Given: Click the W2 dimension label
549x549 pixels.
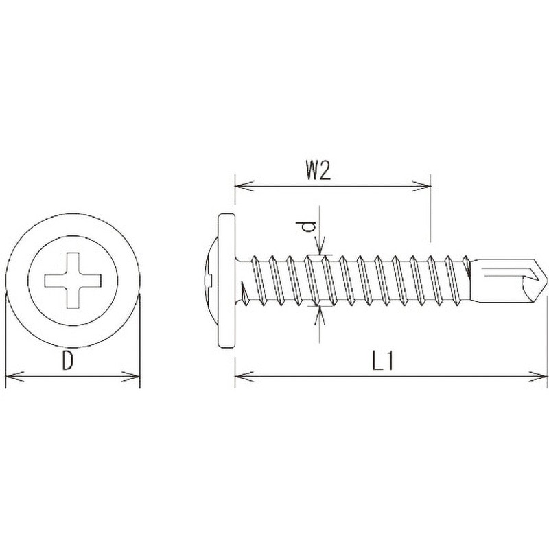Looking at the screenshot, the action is [318, 171].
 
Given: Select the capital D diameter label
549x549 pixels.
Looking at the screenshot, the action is [67, 361].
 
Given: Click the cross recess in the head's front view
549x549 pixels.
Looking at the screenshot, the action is [73, 281].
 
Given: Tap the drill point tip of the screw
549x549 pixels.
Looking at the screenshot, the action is [546, 280].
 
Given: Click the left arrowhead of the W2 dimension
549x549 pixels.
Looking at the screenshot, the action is [244, 186].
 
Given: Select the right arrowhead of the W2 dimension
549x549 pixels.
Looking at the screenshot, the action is [421, 186].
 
